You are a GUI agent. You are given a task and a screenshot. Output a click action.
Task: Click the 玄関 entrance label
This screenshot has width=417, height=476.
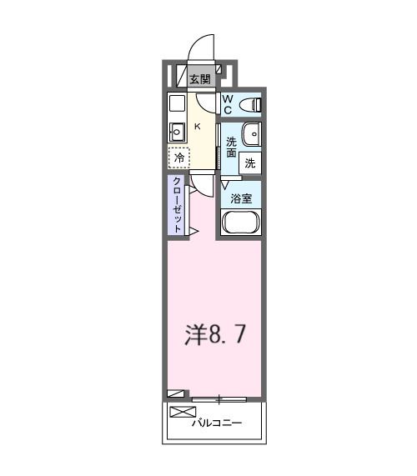click(198, 80)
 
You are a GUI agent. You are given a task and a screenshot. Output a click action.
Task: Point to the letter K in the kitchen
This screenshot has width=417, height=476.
click(198, 126)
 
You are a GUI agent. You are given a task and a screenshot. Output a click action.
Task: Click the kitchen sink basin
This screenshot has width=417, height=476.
click(177, 130)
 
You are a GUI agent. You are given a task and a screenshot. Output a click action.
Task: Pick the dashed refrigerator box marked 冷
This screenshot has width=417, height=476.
click(178, 157)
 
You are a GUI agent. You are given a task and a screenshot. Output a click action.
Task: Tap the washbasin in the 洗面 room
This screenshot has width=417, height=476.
click(251, 133)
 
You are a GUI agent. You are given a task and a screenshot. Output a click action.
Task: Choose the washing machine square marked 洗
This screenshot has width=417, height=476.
click(250, 163)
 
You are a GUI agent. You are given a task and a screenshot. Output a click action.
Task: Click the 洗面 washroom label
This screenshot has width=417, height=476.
click(231, 148)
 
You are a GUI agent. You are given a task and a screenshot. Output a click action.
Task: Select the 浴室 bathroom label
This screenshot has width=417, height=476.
click(241, 199)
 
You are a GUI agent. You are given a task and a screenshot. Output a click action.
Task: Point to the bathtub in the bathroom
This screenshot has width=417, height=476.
click(242, 223)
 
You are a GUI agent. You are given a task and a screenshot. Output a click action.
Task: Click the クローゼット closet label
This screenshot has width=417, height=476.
click(178, 205)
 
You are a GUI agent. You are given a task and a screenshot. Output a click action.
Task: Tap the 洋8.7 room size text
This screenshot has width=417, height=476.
click(214, 334)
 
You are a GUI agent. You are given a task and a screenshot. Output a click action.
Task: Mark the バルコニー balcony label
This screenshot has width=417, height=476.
click(217, 424)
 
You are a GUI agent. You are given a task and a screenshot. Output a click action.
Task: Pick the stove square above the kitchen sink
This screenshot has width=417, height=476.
click(177, 103)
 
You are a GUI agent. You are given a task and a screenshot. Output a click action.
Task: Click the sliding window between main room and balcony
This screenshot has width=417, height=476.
click(219, 398)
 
